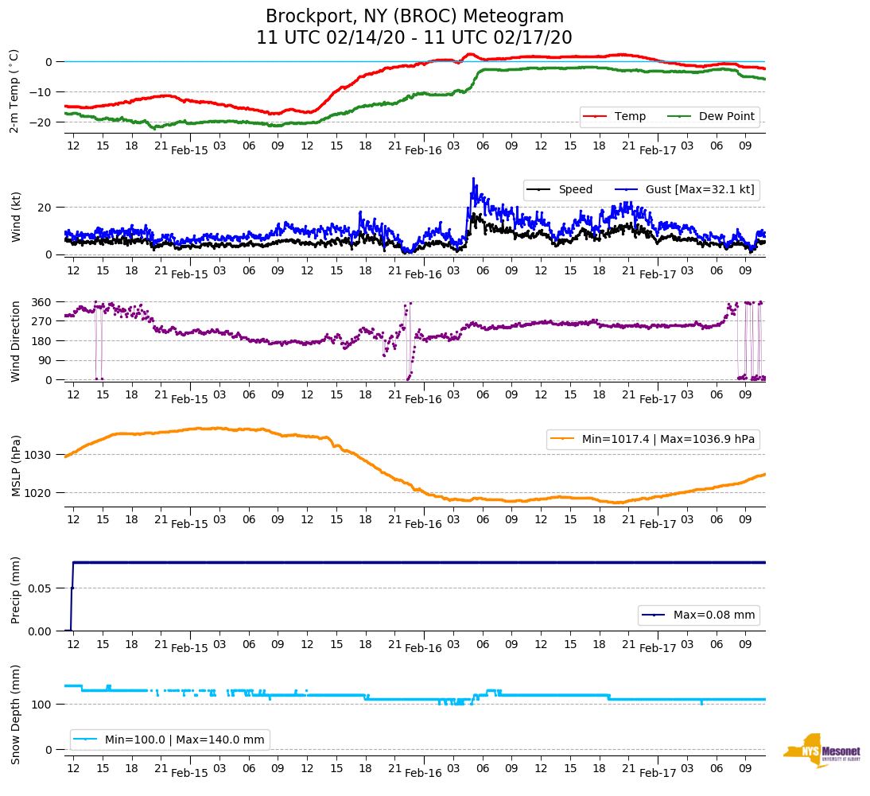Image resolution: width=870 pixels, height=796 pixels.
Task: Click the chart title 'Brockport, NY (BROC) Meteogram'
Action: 414,17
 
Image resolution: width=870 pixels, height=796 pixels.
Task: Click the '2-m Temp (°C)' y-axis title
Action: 14,91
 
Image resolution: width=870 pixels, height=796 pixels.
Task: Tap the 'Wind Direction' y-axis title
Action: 15,341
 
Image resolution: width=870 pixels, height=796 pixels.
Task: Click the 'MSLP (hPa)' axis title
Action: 15,465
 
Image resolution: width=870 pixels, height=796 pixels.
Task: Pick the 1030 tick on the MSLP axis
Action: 40,455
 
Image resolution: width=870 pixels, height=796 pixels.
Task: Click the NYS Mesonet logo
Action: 822,750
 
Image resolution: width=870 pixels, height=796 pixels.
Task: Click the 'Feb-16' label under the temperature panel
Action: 423,150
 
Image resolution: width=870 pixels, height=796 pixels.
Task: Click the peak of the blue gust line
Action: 473,178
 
